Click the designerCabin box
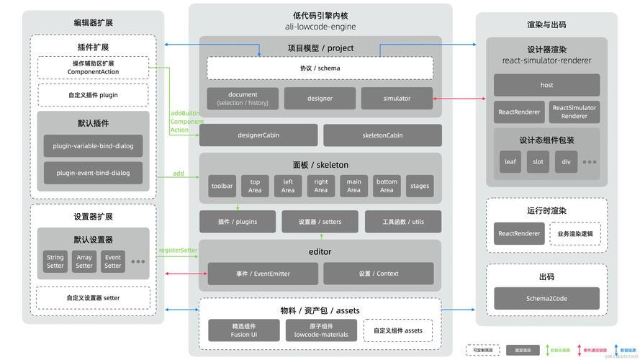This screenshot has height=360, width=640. tap(258, 135)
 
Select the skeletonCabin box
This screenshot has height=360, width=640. tap(382, 135)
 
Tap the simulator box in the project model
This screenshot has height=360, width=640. tap(397, 99)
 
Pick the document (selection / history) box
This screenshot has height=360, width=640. tap(243, 99)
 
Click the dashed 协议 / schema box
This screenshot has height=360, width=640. tap(320, 68)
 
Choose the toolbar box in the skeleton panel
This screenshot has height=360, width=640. tap(222, 186)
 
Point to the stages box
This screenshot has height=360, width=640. tap(420, 186)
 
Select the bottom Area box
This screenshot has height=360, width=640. tap(387, 186)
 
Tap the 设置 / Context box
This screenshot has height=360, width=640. tap(378, 274)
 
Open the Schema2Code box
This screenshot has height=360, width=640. tap(546, 298)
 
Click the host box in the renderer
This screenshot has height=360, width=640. tap(546, 85)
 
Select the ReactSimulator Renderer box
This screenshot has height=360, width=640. tap(574, 112)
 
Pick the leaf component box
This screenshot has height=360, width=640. tap(510, 161)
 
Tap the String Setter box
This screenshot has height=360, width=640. tap(55, 261)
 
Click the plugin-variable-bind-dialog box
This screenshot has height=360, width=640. tap(93, 146)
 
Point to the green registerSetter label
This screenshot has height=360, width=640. tap(178, 251)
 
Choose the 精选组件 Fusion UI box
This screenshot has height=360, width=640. tap(243, 330)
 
